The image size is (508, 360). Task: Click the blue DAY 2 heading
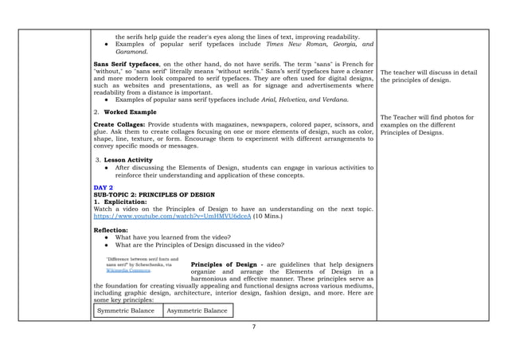pos(104,188)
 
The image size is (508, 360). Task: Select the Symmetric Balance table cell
pos(126,310)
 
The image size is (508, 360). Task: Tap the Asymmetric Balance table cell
pos(197,310)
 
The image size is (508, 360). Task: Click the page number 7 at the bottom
pos(253,327)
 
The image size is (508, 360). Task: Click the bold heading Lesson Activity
pos(128,160)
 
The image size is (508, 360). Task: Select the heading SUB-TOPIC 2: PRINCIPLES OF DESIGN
pos(154,195)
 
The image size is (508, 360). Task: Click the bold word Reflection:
pos(111,230)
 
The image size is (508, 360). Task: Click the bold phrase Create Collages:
pos(117,124)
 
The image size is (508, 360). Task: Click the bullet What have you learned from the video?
pos(173,237)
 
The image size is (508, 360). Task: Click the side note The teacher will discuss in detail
pos(429,72)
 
